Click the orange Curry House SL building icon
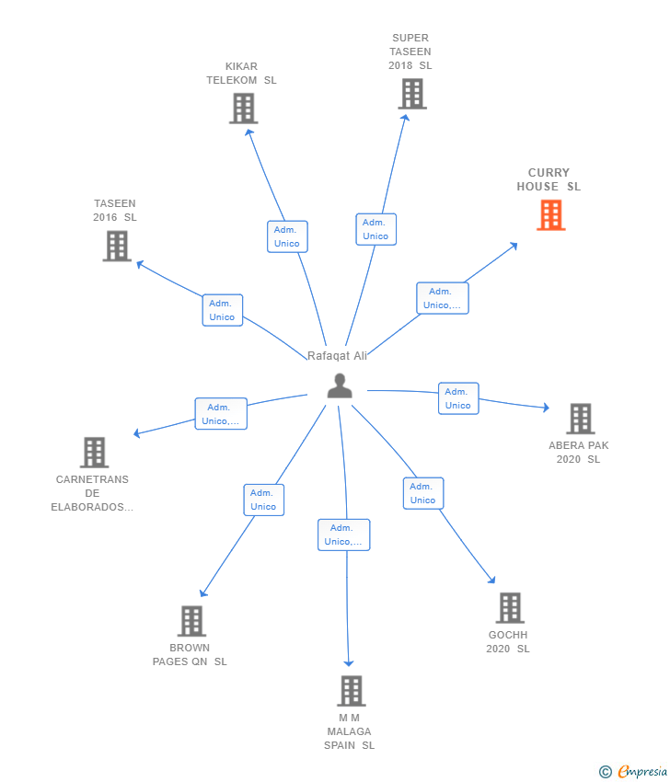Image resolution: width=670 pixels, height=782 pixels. tap(550, 215)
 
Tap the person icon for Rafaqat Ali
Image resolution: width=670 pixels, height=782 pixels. tap(340, 385)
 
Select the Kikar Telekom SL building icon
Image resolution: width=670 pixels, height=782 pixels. tap(244, 109)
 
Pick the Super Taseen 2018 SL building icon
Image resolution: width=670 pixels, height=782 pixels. tap(412, 94)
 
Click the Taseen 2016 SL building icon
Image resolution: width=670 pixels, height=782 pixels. tap(117, 246)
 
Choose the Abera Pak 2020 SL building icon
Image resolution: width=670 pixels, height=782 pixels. tap(580, 419)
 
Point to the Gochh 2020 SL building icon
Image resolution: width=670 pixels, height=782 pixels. tap(510, 608)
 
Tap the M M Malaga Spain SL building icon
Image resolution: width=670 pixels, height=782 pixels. tap(352, 691)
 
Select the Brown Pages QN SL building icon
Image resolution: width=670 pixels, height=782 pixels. tap(191, 621)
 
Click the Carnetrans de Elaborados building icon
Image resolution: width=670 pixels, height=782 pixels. tap(94, 453)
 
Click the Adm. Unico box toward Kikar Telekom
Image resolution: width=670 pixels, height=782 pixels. tap(287, 236)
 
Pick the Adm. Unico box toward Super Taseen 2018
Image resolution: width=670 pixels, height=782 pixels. tap(376, 229)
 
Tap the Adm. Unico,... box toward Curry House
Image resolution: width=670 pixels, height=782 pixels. tap(443, 298)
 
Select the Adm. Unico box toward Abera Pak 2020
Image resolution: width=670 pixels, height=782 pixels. tap(458, 398)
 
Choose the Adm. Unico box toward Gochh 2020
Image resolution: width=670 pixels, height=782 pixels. tap(423, 493)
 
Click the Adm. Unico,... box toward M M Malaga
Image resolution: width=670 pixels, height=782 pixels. tap(343, 535)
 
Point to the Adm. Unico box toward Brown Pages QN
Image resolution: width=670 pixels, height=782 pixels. tap(264, 500)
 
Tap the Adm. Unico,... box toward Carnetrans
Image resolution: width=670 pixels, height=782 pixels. tap(221, 414)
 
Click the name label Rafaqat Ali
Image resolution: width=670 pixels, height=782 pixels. tap(337, 356)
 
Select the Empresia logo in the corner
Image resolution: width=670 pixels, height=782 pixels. tap(633, 772)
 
